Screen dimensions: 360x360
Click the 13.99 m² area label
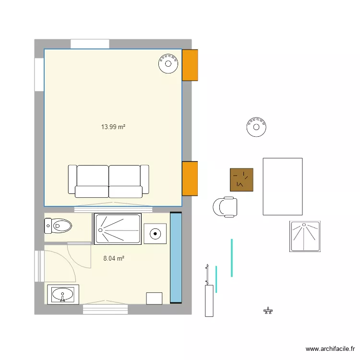[x=113, y=127]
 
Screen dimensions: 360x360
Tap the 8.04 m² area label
[x=114, y=259]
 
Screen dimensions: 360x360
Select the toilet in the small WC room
[x=58, y=226]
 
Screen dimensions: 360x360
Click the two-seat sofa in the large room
[x=108, y=181]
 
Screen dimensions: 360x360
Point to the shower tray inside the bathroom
[x=118, y=229]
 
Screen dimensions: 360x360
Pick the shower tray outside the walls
[x=305, y=237]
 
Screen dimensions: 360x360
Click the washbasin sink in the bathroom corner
[x=63, y=295]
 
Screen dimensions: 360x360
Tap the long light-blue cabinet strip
[x=176, y=258]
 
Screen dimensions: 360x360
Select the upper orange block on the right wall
[x=190, y=65]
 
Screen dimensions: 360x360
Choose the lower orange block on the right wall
[x=190, y=179]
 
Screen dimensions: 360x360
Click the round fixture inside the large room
[x=168, y=63]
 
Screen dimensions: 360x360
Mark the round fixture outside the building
[x=256, y=127]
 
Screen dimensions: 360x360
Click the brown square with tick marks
[x=241, y=180]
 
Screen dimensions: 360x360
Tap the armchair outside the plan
[x=225, y=207]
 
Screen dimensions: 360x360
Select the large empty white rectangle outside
[x=283, y=187]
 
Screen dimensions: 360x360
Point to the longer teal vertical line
[x=232, y=258]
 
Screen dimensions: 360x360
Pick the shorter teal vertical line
[x=216, y=279]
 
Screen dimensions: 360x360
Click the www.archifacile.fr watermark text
[x=330, y=349]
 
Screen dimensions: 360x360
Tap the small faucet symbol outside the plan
[x=268, y=311]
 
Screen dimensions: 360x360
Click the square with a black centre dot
[x=155, y=234]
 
